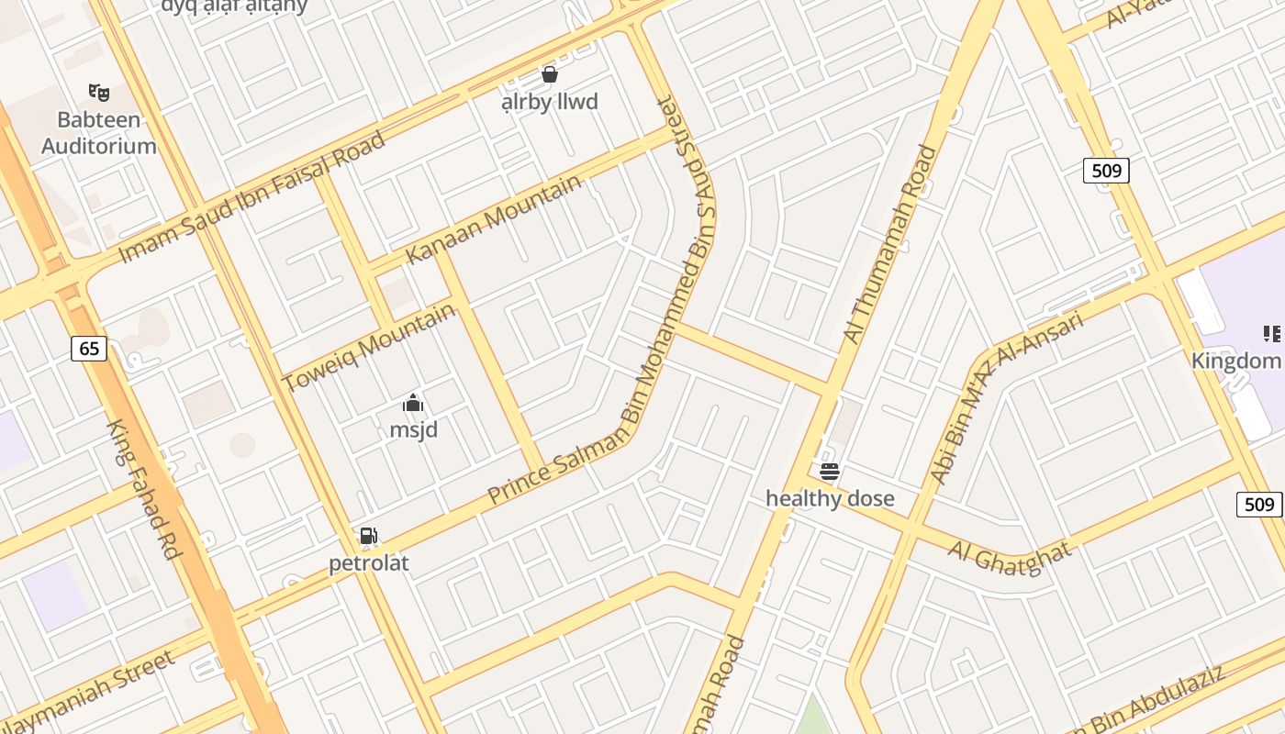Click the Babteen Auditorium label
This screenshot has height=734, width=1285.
[x=98, y=132]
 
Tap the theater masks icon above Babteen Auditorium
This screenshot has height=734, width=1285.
[x=99, y=92]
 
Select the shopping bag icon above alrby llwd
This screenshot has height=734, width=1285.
[x=550, y=74]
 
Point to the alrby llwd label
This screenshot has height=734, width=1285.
[x=550, y=101]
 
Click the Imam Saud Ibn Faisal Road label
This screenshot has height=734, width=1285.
[x=252, y=196]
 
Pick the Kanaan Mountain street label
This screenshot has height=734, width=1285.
[x=493, y=218]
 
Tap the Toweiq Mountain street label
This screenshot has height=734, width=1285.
[x=369, y=347]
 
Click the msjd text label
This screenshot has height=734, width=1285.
[x=413, y=429]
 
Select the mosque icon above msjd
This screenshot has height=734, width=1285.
[x=413, y=404]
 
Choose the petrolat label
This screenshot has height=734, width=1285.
[x=369, y=562]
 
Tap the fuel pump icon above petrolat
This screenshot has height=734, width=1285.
[x=369, y=536]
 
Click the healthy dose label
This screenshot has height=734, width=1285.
[x=830, y=498]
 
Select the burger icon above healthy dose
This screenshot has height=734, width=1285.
[x=830, y=472]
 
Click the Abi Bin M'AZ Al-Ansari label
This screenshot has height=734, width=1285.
[x=1007, y=396]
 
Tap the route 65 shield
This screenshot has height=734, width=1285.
[x=89, y=349]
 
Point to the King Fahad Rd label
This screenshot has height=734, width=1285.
[x=145, y=490]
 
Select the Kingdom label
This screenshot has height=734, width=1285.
[x=1235, y=360]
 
